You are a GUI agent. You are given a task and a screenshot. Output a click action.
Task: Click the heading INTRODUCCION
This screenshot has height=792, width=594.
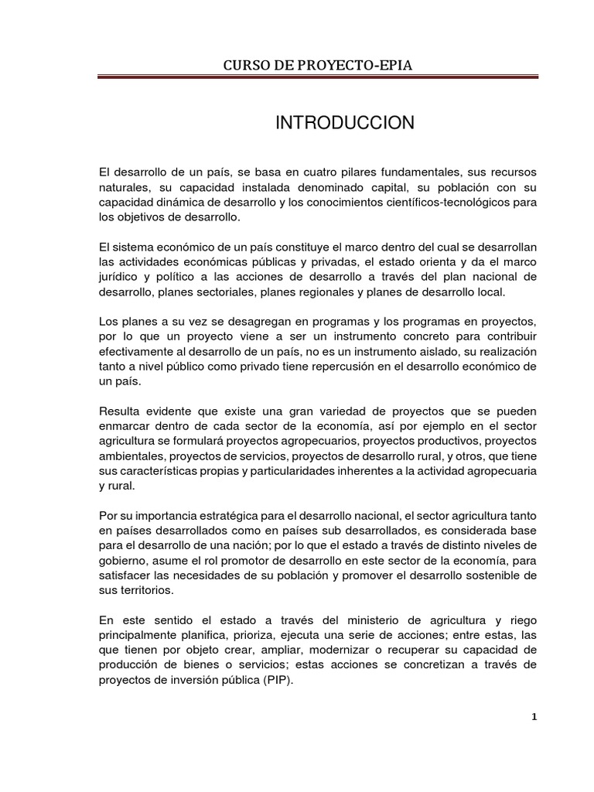345,123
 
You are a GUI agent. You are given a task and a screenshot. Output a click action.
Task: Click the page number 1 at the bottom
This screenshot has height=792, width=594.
534,716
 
